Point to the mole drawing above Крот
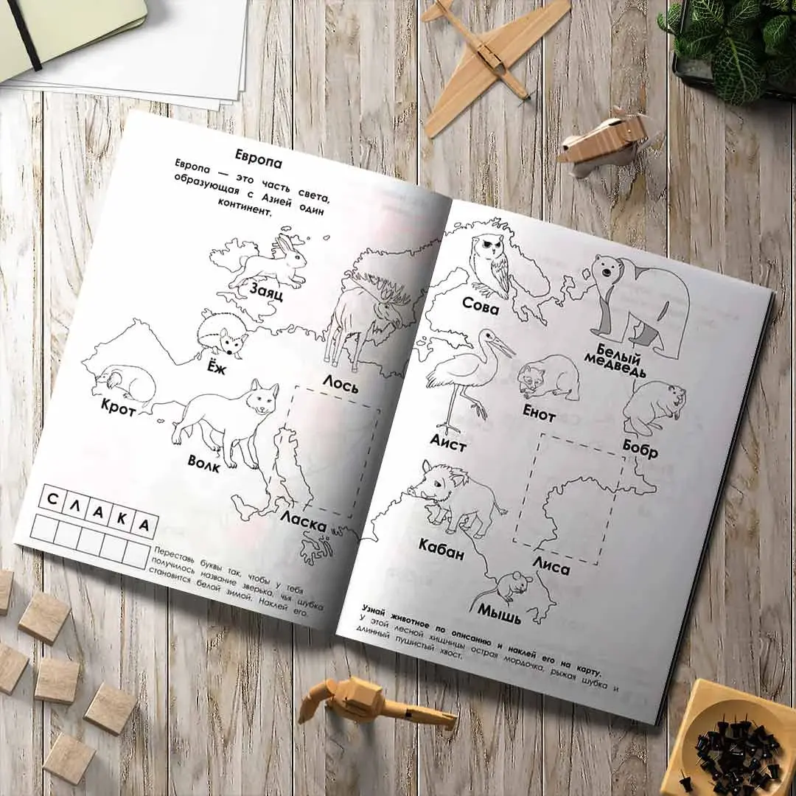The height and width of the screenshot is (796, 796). (x=125, y=382)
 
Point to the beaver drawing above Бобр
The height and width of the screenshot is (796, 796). (x=654, y=408)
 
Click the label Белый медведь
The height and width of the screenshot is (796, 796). (x=615, y=360)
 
